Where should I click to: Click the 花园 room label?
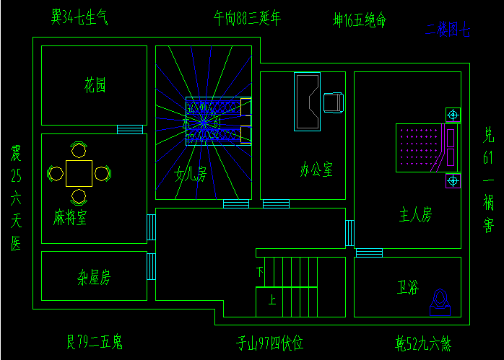(x=95, y=87)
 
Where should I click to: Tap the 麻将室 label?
(x=70, y=218)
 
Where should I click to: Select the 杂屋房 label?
(x=94, y=277)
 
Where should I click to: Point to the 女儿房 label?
(x=191, y=174)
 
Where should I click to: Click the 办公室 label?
(x=316, y=170)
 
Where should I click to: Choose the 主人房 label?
(x=415, y=214)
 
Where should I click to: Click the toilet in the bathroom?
(x=440, y=300)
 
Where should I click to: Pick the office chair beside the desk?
(x=334, y=103)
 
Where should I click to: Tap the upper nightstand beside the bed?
(x=453, y=114)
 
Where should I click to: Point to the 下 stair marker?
(x=260, y=271)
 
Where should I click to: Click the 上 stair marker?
(x=271, y=299)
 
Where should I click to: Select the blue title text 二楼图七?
(x=448, y=31)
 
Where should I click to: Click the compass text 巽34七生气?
(x=79, y=17)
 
